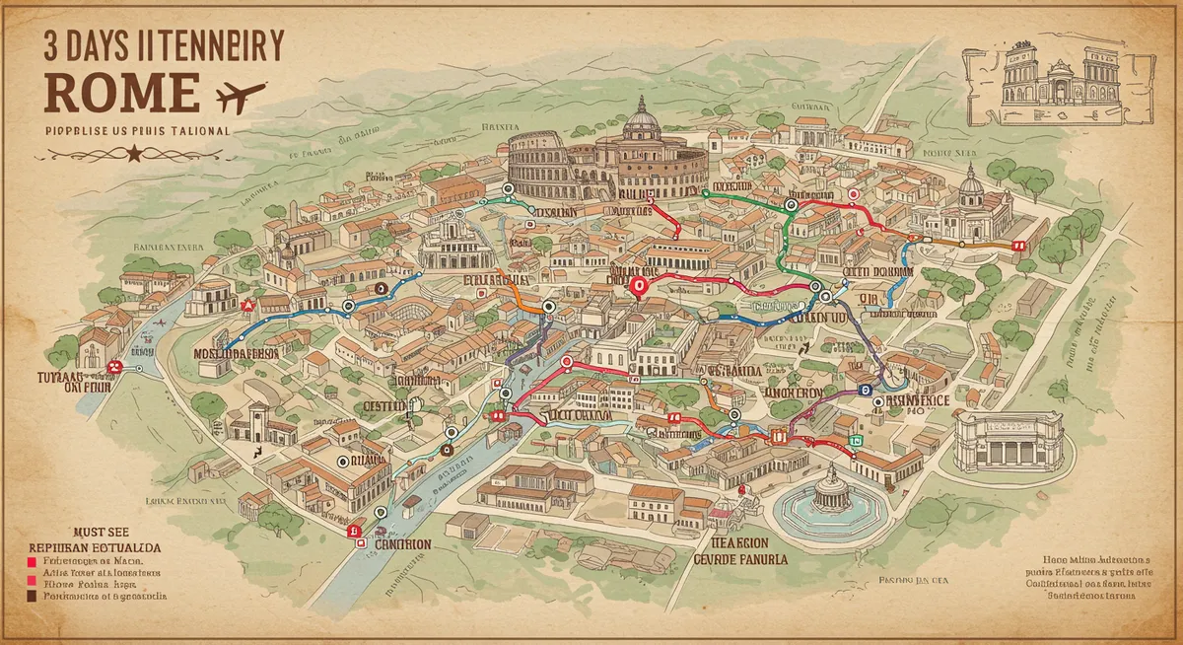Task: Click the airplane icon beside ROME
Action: point(242,96)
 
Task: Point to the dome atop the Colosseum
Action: point(642,120)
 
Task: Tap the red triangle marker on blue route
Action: point(247,306)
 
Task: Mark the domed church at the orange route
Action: point(970,203)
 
